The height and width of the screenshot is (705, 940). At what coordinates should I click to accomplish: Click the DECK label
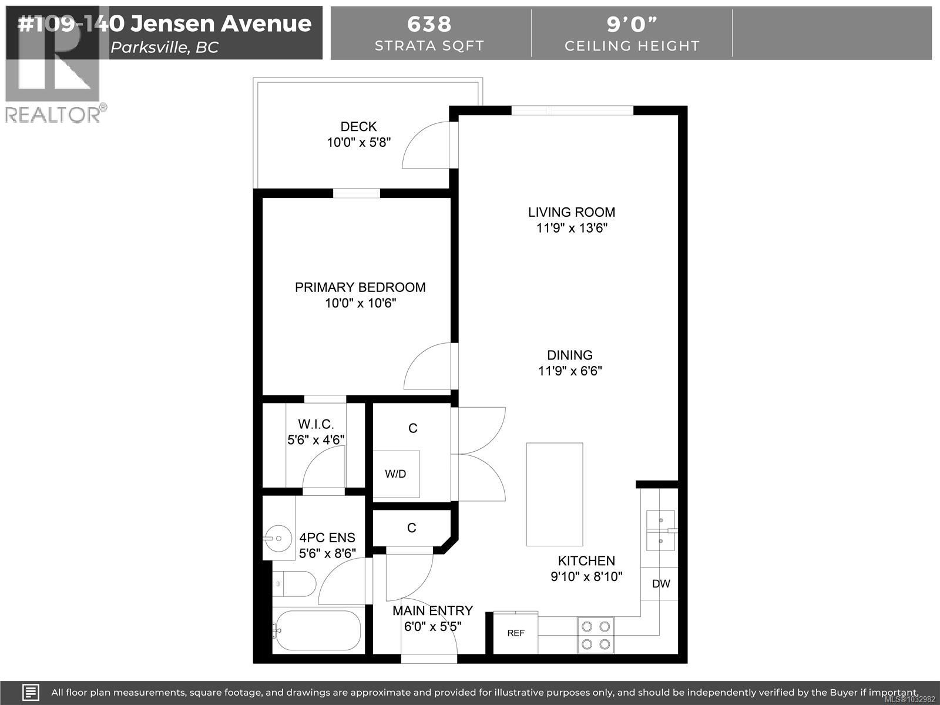pyautogui.click(x=358, y=126)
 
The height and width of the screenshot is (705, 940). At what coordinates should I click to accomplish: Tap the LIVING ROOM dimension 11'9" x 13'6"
pyautogui.click(x=571, y=228)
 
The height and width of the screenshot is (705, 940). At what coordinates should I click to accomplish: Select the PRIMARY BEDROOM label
pyautogui.click(x=360, y=287)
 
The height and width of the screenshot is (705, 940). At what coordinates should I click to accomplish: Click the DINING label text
pyautogui.click(x=569, y=355)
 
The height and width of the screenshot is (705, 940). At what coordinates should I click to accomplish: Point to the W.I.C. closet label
pyautogui.click(x=315, y=424)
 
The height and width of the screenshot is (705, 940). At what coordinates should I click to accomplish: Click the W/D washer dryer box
pyautogui.click(x=396, y=474)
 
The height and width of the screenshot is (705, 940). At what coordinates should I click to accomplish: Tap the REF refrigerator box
pyautogui.click(x=515, y=633)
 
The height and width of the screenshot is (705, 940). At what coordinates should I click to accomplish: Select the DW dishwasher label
pyautogui.click(x=661, y=583)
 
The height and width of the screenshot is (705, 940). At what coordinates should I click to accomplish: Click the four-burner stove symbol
pyautogui.click(x=596, y=635)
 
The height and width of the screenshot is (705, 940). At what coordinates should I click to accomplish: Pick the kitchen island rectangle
pyautogui.click(x=554, y=494)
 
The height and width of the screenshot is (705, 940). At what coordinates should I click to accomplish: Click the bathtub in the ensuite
pyautogui.click(x=317, y=630)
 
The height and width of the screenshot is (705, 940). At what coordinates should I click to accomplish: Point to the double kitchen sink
pyautogui.click(x=660, y=531)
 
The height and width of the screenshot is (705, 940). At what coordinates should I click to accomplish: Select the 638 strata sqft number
pyautogui.click(x=429, y=24)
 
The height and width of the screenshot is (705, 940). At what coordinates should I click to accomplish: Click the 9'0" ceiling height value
pyautogui.click(x=632, y=24)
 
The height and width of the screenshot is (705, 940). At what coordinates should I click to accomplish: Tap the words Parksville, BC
pyautogui.click(x=164, y=48)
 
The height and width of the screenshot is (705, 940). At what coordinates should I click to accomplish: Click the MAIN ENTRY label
pyautogui.click(x=432, y=610)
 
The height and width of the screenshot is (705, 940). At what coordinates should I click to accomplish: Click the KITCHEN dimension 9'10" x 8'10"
pyautogui.click(x=586, y=576)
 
